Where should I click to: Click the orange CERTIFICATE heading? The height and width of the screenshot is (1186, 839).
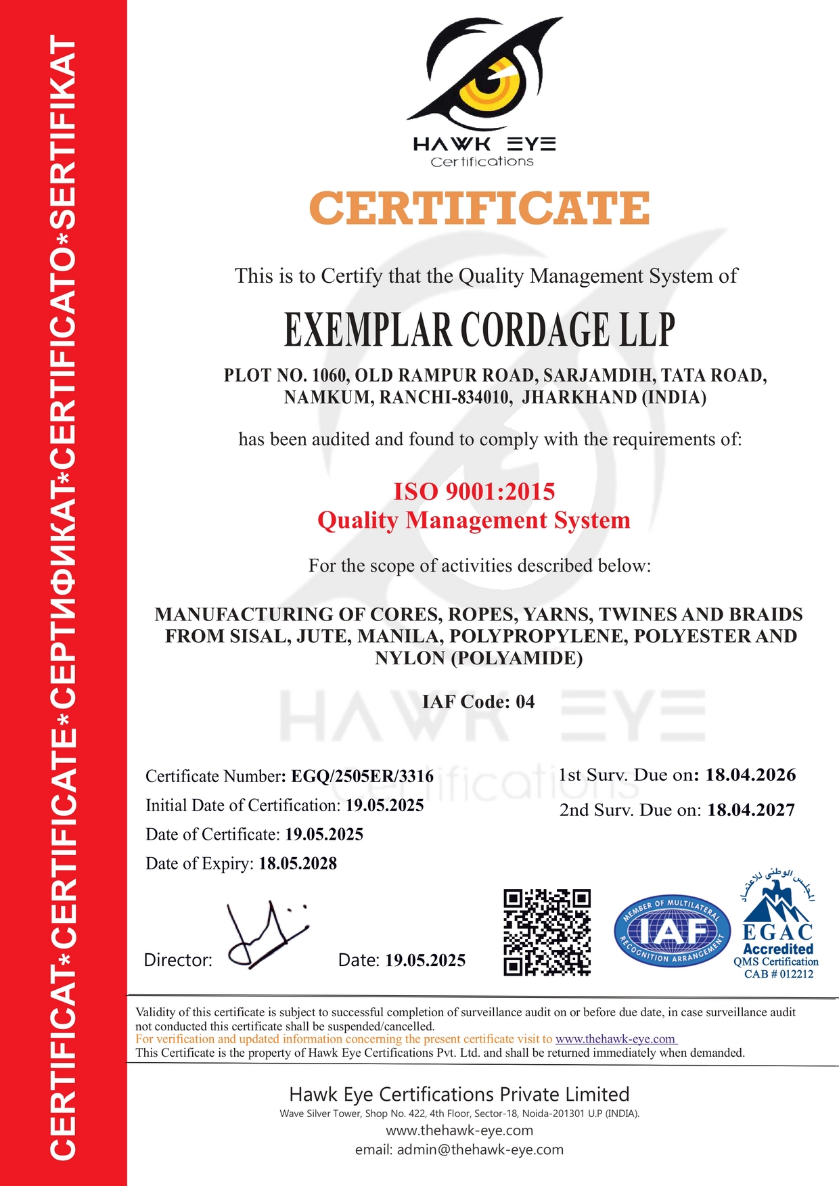(x=479, y=208)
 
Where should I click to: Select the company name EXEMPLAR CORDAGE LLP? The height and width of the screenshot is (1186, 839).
(x=479, y=330)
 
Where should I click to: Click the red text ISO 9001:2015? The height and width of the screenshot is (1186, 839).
(x=474, y=491)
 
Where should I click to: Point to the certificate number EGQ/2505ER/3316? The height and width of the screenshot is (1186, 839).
(x=362, y=776)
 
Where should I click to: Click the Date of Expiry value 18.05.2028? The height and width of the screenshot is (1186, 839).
(x=298, y=863)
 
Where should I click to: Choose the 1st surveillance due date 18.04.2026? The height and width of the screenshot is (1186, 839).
(x=750, y=775)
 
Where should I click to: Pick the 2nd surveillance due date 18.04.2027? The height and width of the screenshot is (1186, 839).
(x=751, y=810)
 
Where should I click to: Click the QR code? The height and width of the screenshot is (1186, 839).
(x=547, y=932)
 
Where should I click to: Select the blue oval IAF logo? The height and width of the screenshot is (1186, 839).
(x=672, y=932)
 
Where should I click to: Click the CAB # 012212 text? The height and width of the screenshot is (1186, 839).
(x=779, y=974)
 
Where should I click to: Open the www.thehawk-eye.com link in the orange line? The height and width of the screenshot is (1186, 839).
(x=616, y=1039)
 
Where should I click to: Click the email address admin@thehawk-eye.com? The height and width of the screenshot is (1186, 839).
(x=480, y=1149)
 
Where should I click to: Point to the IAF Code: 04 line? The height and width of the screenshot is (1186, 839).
(x=478, y=702)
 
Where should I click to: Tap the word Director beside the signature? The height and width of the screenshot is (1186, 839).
(x=178, y=960)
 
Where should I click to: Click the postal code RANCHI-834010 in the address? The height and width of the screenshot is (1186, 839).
(x=444, y=397)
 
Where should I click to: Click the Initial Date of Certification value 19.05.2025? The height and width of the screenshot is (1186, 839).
(x=384, y=805)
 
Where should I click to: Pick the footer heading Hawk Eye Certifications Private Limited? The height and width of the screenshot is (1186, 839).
(x=459, y=1094)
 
